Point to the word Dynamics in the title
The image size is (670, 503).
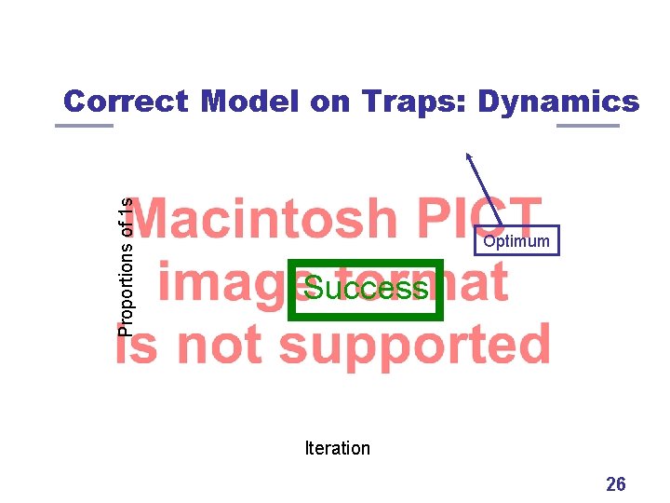pyautogui.click(x=558, y=102)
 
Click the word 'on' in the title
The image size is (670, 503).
pyautogui.click(x=330, y=102)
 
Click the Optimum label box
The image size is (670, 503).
pyautogui.click(x=516, y=241)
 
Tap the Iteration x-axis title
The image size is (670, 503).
pyautogui.click(x=337, y=448)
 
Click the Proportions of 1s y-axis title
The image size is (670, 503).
pyautogui.click(x=127, y=265)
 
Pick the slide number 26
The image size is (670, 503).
pyautogui.click(x=615, y=483)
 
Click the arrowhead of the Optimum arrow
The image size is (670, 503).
pyautogui.click(x=469, y=157)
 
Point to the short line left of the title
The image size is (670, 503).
pyautogui.click(x=84, y=126)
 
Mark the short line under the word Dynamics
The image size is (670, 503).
pyautogui.click(x=587, y=126)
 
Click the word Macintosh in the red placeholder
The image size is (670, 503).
pyautogui.click(x=268, y=219)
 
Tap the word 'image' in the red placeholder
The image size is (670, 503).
pyautogui.click(x=223, y=282)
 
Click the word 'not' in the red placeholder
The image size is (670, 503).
pyautogui.click(x=223, y=345)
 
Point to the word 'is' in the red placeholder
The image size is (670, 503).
pyautogui.click(x=140, y=345)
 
